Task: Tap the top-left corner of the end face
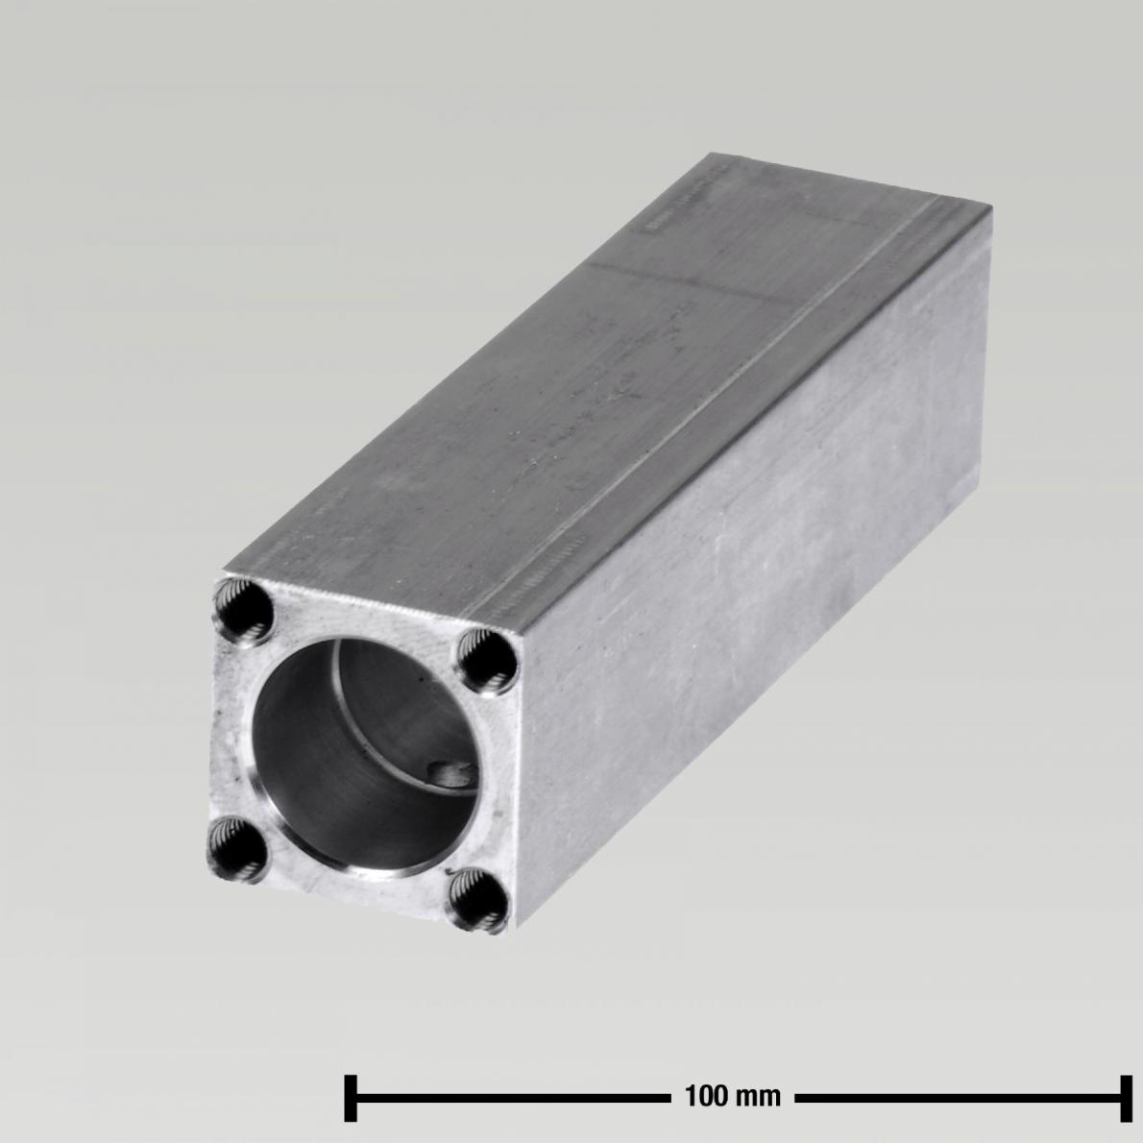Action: click(221, 574)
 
